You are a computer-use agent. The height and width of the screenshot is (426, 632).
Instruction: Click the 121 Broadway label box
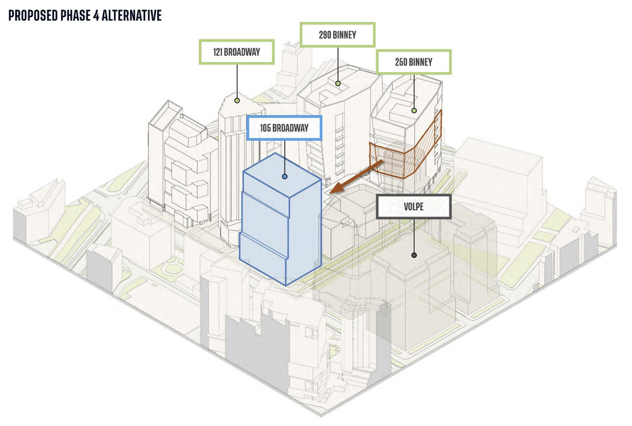pyautogui.click(x=236, y=52)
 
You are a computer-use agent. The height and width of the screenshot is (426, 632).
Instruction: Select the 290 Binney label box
pyautogui.click(x=337, y=35)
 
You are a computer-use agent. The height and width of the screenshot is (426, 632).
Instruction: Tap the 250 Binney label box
pyautogui.click(x=414, y=62)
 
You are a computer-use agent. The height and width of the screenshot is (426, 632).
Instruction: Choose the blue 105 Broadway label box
pyautogui.click(x=284, y=129)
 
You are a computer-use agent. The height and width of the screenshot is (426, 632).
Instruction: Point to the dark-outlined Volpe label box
pyautogui.click(x=413, y=206)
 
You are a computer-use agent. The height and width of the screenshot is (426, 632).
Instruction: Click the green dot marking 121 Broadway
pyautogui.click(x=237, y=99)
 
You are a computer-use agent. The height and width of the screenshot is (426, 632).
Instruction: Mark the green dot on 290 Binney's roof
pyautogui.click(x=338, y=83)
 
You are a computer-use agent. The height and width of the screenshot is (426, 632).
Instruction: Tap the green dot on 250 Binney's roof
pyautogui.click(x=414, y=110)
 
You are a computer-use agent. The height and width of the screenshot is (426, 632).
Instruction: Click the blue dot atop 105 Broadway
pyautogui.click(x=285, y=177)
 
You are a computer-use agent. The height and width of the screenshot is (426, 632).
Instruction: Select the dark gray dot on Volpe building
pyautogui.click(x=413, y=256)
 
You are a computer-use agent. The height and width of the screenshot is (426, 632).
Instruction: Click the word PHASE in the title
pyautogui.click(x=79, y=15)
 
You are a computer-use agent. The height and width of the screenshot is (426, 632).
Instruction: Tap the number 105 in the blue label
pyautogui.click(x=267, y=129)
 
